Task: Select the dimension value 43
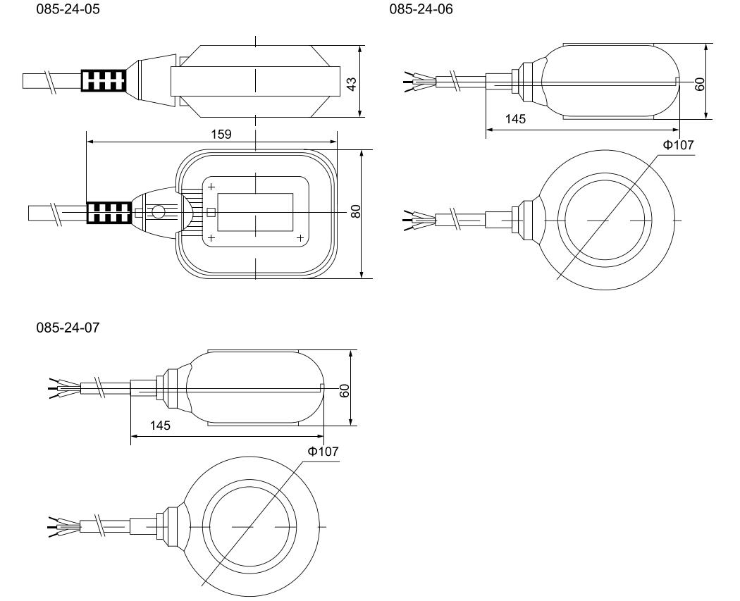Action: pyautogui.click(x=352, y=82)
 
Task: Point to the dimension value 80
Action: pyautogui.click(x=356, y=211)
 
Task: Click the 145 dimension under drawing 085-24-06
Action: pyautogui.click(x=516, y=120)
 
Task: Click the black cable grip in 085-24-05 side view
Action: pyautogui.click(x=104, y=82)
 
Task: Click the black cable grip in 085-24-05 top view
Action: pyautogui.click(x=108, y=212)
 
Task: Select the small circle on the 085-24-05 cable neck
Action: pyautogui.click(x=159, y=212)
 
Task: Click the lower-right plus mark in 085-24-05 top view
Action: pyautogui.click(x=301, y=237)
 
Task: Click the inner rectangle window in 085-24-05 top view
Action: pyautogui.click(x=255, y=211)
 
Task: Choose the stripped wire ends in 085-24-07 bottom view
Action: pyautogui.click(x=58, y=526)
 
